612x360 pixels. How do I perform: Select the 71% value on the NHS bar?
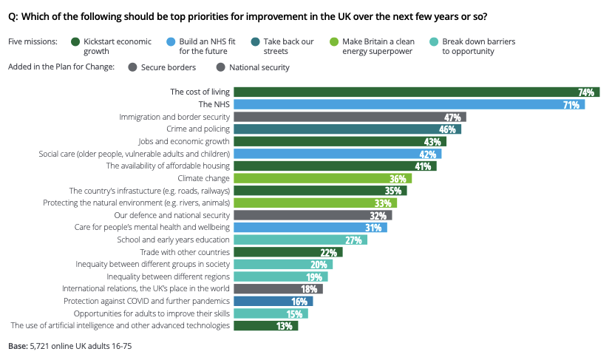571,105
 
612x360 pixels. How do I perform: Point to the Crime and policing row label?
189,129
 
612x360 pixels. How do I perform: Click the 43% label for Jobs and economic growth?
432,141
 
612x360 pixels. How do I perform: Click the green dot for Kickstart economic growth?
75,42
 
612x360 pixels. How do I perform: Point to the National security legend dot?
220,67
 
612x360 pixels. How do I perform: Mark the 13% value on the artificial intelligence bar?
284,325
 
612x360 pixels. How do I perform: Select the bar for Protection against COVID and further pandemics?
273,301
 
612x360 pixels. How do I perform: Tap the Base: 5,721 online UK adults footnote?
69,345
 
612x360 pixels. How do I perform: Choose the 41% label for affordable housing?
423,166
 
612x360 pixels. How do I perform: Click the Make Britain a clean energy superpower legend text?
379,47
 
